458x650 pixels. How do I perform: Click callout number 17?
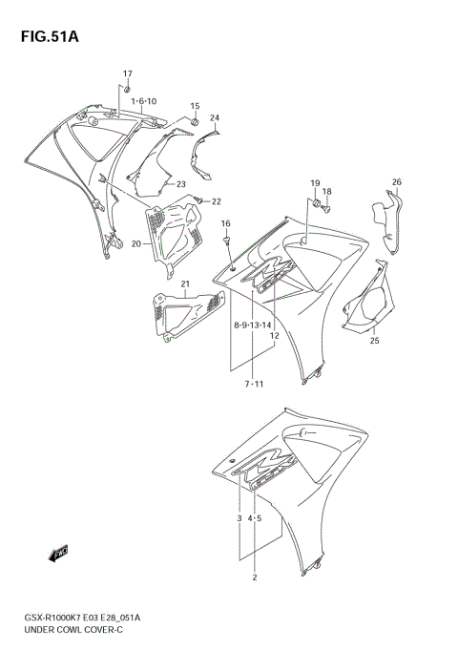128,73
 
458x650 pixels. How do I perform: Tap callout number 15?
194,106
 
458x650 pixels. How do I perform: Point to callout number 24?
215,118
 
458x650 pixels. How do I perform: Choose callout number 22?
216,201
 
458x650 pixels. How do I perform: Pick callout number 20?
135,243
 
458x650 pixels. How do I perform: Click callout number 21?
186,283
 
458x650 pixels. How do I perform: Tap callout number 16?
226,223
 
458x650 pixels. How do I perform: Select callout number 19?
314,182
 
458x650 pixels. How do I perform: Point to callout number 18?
326,192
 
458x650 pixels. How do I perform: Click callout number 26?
397,181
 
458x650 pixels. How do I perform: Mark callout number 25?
374,341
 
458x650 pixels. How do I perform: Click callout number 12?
274,335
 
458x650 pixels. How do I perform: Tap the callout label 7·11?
253,384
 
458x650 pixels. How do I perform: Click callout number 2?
255,577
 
